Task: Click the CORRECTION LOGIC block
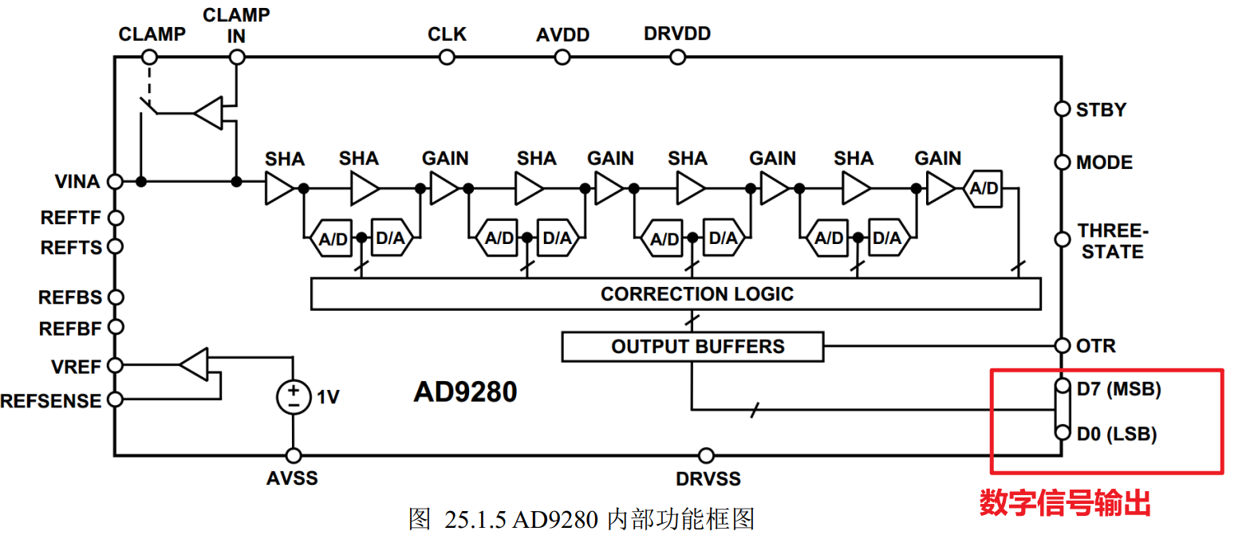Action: (x=676, y=293)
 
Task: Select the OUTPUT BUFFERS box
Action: (x=692, y=347)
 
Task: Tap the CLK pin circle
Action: (x=447, y=57)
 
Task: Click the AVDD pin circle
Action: (x=562, y=57)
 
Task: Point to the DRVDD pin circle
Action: (x=677, y=57)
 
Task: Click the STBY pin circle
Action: (x=1063, y=109)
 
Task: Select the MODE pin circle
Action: (x=1063, y=162)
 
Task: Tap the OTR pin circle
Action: (x=1063, y=345)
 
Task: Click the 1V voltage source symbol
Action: (x=294, y=397)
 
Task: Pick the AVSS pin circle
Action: (x=294, y=455)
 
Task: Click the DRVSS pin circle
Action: (x=706, y=455)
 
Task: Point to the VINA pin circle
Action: (x=115, y=181)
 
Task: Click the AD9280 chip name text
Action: (x=465, y=392)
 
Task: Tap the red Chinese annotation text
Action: (x=1065, y=503)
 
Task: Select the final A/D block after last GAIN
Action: (x=983, y=188)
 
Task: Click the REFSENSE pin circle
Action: (x=115, y=399)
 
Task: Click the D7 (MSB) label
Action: (x=1118, y=389)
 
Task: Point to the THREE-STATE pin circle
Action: (x=1063, y=239)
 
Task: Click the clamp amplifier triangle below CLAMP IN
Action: (x=208, y=113)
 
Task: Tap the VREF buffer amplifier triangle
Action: (x=194, y=365)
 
